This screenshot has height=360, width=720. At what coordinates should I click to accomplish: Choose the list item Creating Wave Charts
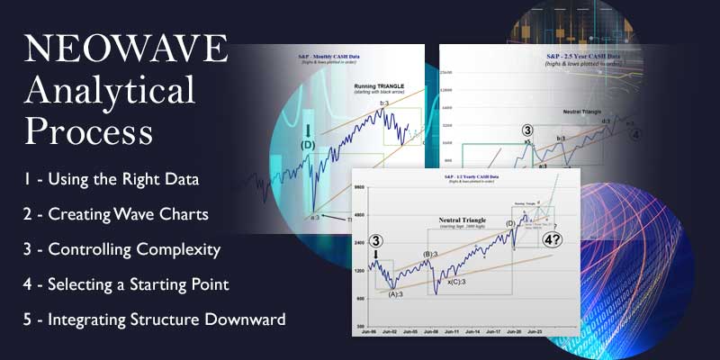(118, 213)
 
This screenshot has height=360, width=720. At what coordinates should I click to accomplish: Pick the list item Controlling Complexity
(123, 248)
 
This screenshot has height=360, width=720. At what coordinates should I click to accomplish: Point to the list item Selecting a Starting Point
(127, 284)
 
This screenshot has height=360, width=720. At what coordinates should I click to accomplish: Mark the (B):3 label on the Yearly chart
(424, 255)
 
